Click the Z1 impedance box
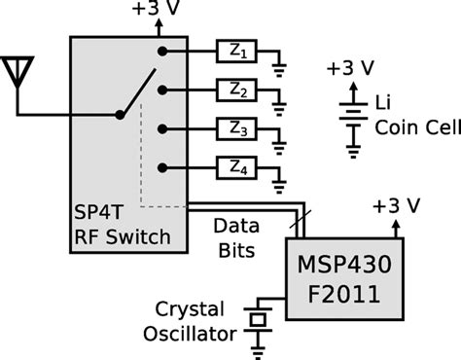point(236,51)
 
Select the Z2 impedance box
point(236,90)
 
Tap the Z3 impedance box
point(236,128)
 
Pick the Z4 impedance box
point(236,167)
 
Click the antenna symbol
point(18,71)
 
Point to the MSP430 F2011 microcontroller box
point(344,279)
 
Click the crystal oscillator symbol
point(258,320)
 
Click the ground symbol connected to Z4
point(279,187)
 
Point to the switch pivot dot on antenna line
point(120,115)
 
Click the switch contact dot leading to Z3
point(162,129)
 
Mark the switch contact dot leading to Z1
point(162,52)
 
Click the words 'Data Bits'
point(236,238)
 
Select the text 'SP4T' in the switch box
point(99,212)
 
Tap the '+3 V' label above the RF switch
point(156,8)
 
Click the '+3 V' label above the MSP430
point(397,206)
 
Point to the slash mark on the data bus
point(301,219)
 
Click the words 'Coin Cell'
point(418,126)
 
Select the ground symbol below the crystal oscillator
point(258,353)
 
